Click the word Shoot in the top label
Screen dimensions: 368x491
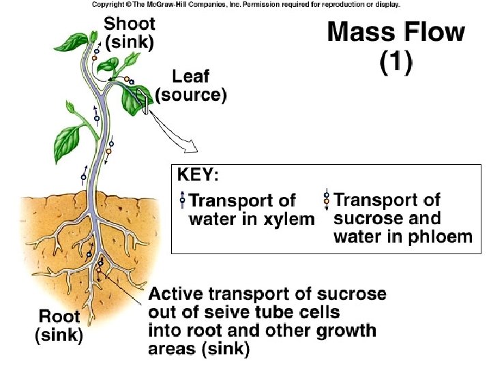[x=129, y=24]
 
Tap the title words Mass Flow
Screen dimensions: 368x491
[x=396, y=32]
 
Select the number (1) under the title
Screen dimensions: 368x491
[x=396, y=63]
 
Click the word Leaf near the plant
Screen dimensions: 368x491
[x=191, y=77]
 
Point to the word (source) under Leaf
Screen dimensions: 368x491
[x=191, y=95]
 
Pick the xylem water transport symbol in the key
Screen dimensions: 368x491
[x=182, y=200]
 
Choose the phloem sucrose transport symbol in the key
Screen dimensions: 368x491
[x=327, y=200]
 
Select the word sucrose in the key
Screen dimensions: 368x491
[x=362, y=219]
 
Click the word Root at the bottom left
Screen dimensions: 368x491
[x=59, y=317]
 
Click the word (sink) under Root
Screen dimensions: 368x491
[x=59, y=335]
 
